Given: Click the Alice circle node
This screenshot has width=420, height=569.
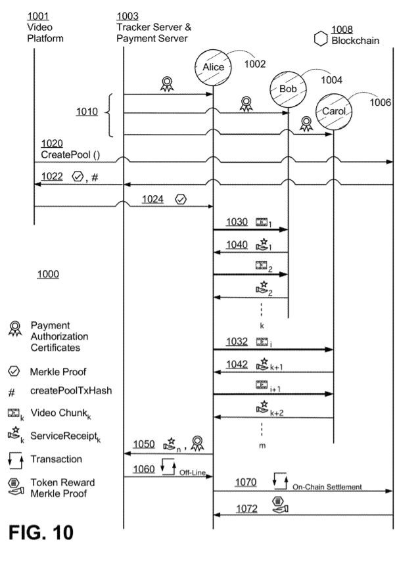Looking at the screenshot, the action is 213,68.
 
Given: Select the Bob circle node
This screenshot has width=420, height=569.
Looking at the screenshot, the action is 289,89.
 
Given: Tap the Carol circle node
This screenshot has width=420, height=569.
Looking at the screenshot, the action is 334,112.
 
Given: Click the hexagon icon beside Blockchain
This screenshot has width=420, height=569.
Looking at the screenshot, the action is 321,39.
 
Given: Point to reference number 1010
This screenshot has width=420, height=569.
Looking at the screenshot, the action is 87,112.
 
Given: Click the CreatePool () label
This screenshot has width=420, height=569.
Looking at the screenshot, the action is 70,154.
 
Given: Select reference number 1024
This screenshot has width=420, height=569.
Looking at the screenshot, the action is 152,199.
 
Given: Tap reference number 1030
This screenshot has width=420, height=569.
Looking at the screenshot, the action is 237,221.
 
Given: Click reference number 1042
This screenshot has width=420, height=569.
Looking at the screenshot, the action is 237,364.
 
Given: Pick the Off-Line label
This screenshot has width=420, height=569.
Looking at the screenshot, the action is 193,472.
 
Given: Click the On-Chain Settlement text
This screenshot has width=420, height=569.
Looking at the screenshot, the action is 327,487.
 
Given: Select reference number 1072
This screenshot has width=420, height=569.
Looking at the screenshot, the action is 247,509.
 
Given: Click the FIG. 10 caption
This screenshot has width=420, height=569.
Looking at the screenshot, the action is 41,533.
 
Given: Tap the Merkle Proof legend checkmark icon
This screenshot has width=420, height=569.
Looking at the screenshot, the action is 14,371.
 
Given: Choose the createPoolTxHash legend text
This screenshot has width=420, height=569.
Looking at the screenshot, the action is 71,390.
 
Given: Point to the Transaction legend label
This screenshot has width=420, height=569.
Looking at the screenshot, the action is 57,459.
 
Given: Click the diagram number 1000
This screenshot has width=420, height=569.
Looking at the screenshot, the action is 48,274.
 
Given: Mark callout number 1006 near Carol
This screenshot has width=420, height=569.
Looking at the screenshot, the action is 380,102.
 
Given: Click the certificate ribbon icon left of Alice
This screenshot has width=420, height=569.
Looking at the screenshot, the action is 167,84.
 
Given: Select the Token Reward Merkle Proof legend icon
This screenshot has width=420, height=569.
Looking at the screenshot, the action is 16,487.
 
